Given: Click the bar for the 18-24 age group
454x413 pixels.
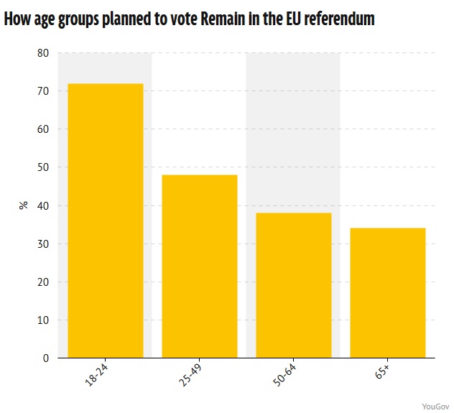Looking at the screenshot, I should [x=105, y=221].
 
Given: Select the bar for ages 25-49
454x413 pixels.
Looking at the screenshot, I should [x=199, y=266].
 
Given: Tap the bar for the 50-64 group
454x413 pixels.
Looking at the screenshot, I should [x=293, y=285].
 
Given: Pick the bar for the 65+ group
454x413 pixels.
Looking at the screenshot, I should [x=387, y=292].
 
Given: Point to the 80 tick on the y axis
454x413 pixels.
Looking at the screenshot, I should [x=43, y=53].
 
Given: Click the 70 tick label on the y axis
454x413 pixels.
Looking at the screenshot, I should [x=43, y=91].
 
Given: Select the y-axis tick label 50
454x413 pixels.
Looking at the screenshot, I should [x=43, y=167].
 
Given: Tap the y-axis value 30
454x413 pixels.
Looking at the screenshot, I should [x=43, y=243].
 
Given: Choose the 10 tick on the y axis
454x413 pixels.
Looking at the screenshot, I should [x=43, y=320].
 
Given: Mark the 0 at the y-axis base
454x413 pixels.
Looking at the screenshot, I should [x=46, y=358].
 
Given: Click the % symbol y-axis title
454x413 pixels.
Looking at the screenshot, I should [x=24, y=205].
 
